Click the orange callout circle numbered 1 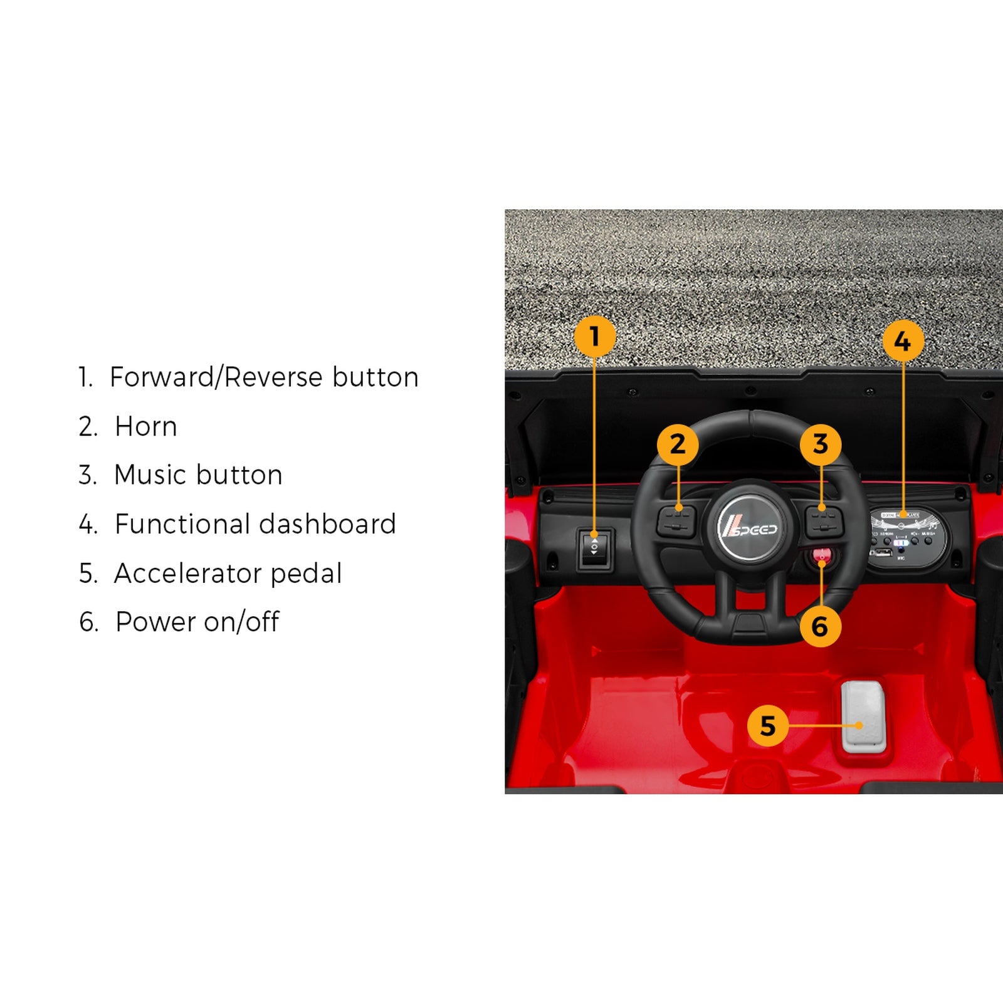[x=594, y=337]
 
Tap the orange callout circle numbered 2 [x=678, y=444]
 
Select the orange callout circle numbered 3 [x=821, y=444]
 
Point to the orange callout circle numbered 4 [x=903, y=341]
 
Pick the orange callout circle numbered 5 [x=768, y=725]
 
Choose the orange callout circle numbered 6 [x=820, y=626]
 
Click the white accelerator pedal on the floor [x=863, y=717]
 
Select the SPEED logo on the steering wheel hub [x=749, y=527]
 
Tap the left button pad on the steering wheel [x=676, y=522]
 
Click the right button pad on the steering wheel [x=824, y=522]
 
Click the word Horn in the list [x=146, y=427]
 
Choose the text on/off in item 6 [x=241, y=622]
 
